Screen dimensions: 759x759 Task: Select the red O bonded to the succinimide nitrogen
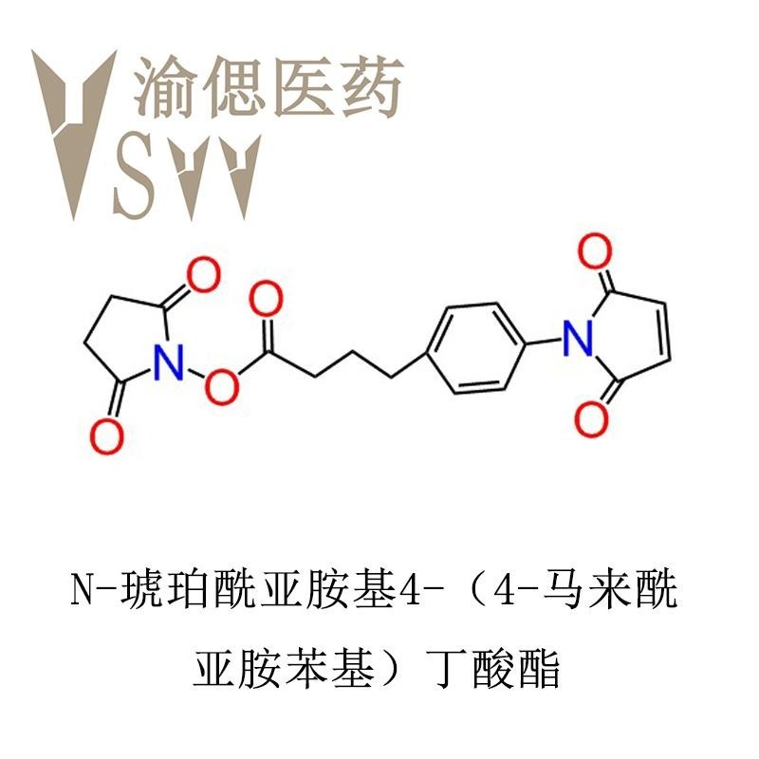222,386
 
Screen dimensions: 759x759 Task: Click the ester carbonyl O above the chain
266,298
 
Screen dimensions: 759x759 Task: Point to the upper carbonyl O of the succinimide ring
204,274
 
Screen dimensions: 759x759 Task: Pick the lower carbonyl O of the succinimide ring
106,436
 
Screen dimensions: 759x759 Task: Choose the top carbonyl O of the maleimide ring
596,250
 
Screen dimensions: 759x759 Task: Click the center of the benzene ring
476,348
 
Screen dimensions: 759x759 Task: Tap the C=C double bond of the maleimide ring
668,332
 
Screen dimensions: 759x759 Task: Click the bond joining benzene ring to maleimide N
544,341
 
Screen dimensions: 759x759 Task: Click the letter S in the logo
136,176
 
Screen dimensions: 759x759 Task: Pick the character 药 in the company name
372,87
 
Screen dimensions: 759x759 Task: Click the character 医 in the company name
304,87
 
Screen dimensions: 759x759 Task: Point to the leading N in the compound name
82,590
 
